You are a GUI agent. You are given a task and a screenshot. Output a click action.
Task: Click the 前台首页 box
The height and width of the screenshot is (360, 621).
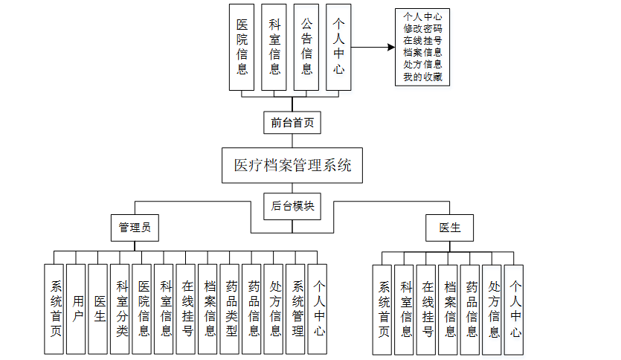292,123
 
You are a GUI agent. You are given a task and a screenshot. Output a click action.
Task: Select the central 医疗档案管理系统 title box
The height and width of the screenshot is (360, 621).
292,165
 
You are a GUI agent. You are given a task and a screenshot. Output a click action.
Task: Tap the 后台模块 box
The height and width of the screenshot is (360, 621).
292,206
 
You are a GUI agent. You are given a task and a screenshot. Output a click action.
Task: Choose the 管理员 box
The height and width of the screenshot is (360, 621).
135,228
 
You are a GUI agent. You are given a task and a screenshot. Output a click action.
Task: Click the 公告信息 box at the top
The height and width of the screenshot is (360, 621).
306,47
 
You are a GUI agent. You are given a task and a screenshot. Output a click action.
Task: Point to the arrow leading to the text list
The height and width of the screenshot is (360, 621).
372,47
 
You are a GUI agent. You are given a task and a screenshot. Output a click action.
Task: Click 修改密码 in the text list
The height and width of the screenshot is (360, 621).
422,27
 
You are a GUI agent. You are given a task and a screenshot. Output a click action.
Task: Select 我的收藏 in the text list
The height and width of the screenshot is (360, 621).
422,77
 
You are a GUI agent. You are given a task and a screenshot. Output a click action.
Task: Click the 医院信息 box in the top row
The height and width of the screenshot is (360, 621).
242,47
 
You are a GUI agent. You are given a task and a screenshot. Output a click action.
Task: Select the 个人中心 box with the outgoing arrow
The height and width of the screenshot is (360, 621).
338,47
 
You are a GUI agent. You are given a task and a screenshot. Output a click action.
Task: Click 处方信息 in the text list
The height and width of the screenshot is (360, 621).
422,65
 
